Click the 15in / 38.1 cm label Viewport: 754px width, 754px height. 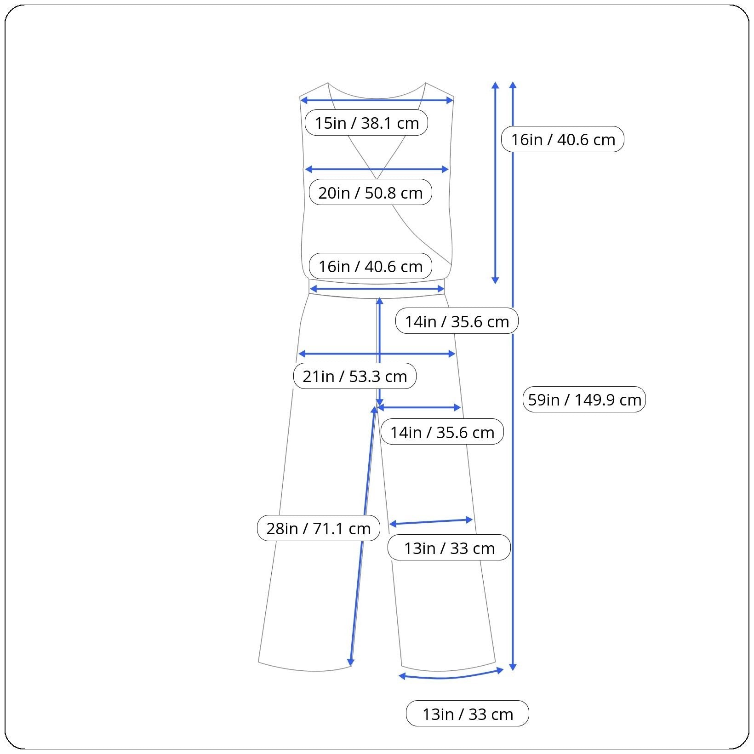pyautogui.click(x=366, y=123)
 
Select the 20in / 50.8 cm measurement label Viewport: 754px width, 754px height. pyautogui.click(x=370, y=192)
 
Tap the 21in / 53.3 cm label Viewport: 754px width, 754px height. pyautogui.click(x=354, y=376)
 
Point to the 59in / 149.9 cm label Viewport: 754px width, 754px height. pyautogui.click(x=584, y=399)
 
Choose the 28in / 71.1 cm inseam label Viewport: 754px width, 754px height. pyautogui.click(x=318, y=528)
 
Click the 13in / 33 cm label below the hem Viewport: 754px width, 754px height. pyautogui.click(x=467, y=714)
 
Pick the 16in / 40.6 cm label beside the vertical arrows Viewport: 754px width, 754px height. pyautogui.click(x=563, y=139)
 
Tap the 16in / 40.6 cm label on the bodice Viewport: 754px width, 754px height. pyautogui.click(x=370, y=266)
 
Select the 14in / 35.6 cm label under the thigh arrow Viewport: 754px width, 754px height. pyautogui.click(x=442, y=432)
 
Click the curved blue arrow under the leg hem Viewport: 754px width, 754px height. pyautogui.click(x=451, y=677)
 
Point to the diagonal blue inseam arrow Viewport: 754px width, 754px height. pyautogui.click(x=363, y=536)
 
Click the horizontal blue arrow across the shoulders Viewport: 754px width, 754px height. pyautogui.click(x=377, y=100)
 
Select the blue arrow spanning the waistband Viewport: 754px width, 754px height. pyautogui.click(x=377, y=289)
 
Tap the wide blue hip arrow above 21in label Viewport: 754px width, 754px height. pyautogui.click(x=377, y=354)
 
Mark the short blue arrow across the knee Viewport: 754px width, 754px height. pyautogui.click(x=431, y=522)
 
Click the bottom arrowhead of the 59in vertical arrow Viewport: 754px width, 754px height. pyautogui.click(x=513, y=667)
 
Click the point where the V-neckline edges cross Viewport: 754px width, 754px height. pyautogui.click(x=377, y=179)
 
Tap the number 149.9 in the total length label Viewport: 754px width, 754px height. pyautogui.click(x=594, y=399)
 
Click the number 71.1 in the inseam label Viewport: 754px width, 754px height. pyautogui.click(x=329, y=528)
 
